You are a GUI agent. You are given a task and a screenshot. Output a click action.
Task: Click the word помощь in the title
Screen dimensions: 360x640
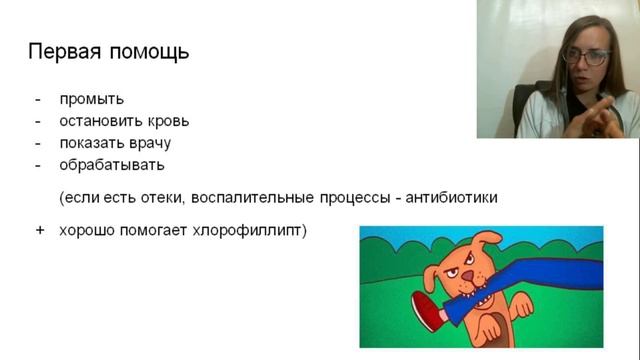149,51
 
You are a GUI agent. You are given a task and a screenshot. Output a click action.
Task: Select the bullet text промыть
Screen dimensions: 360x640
91,99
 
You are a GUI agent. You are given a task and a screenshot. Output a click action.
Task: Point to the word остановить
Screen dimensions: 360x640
99,121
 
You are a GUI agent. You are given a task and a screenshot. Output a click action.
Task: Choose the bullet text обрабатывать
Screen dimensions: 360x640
112,165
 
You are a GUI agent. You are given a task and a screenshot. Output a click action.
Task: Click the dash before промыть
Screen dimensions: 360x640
39,99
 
